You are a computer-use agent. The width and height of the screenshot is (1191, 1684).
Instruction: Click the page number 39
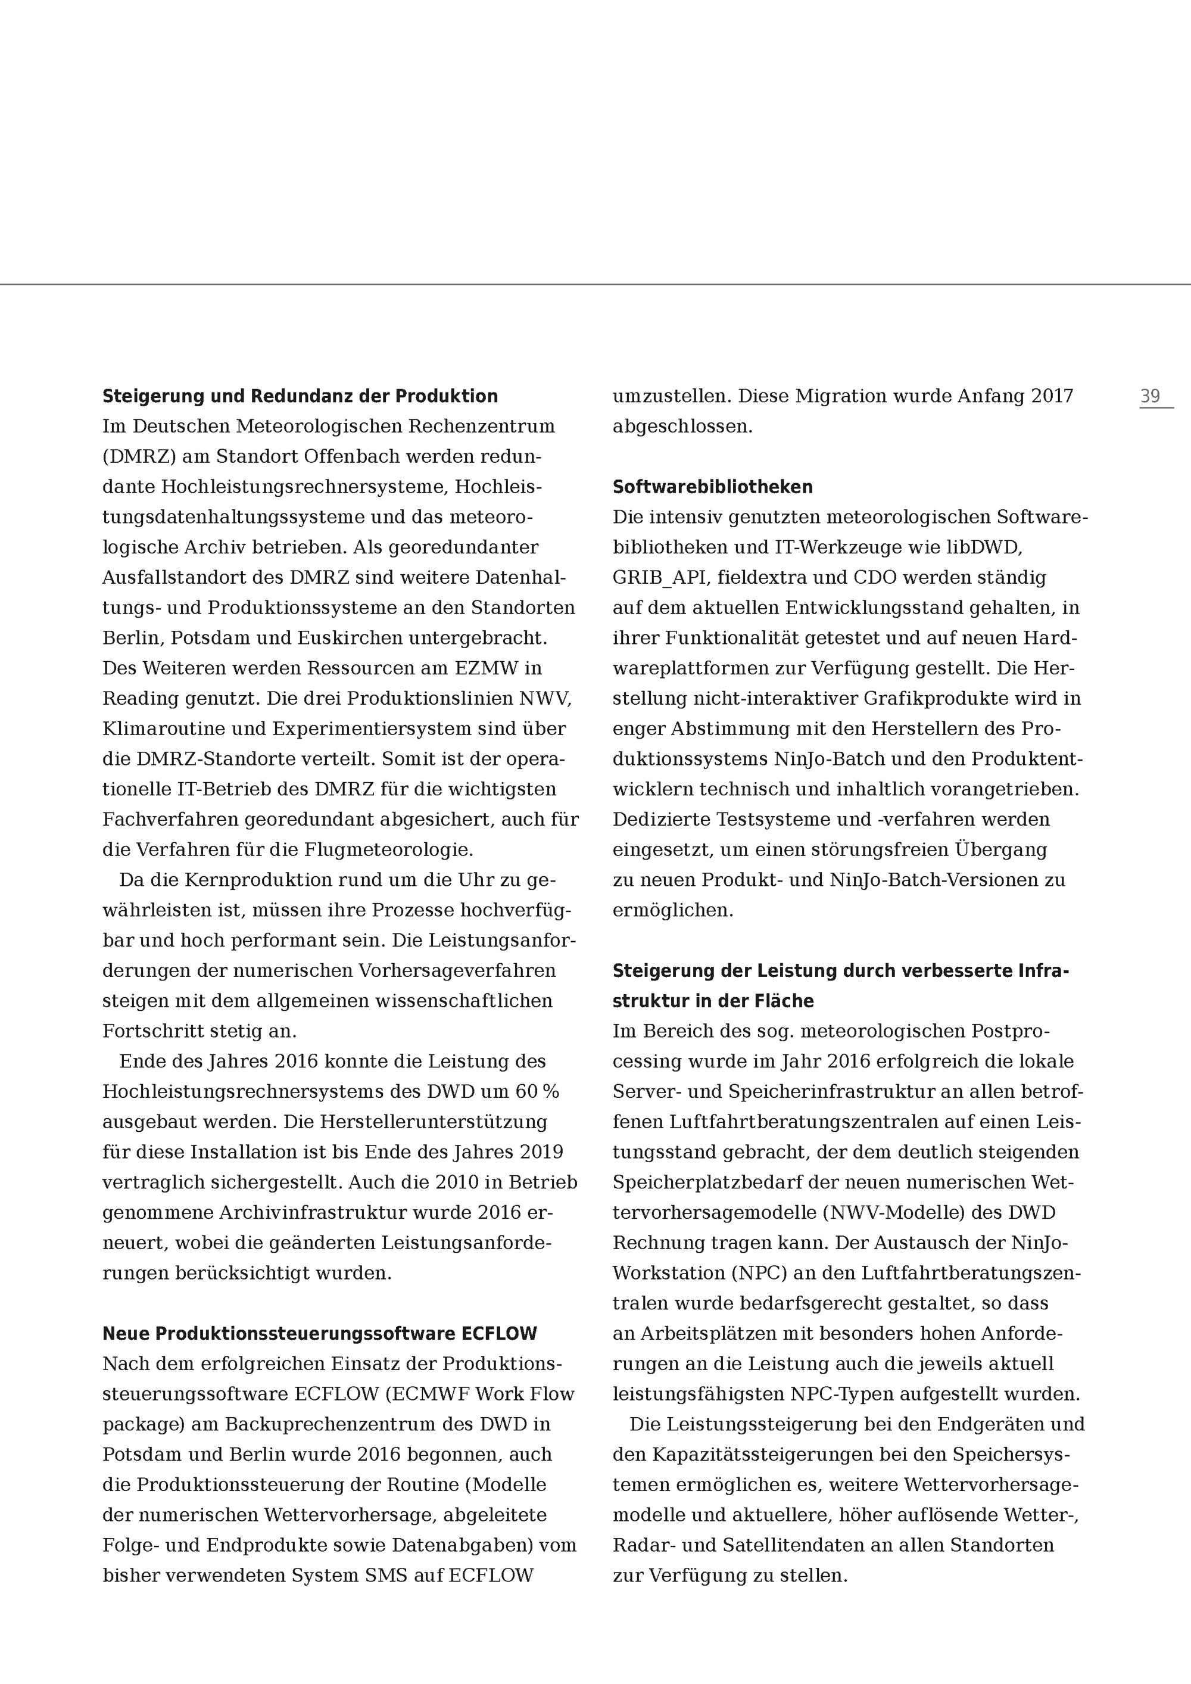point(1150,396)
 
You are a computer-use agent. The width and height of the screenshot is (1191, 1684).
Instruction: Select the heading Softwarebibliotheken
point(712,487)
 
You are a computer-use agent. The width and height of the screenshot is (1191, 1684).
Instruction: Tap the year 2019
point(541,1151)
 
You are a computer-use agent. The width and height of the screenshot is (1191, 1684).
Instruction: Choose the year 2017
point(1052,396)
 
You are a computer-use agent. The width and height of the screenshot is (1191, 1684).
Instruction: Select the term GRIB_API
point(660,577)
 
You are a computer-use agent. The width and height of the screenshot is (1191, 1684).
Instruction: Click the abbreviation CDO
point(875,577)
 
